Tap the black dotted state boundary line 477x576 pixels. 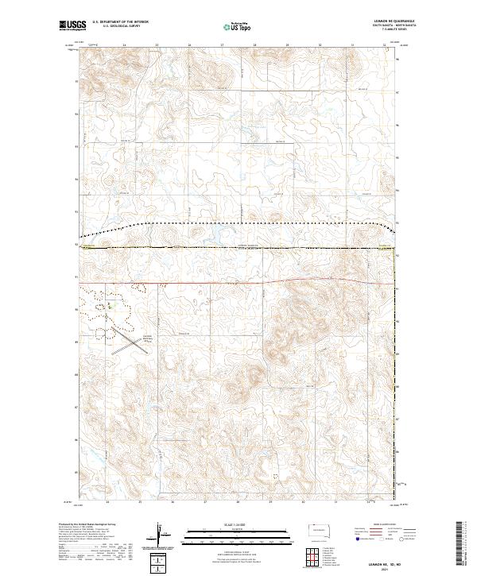point(238,223)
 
